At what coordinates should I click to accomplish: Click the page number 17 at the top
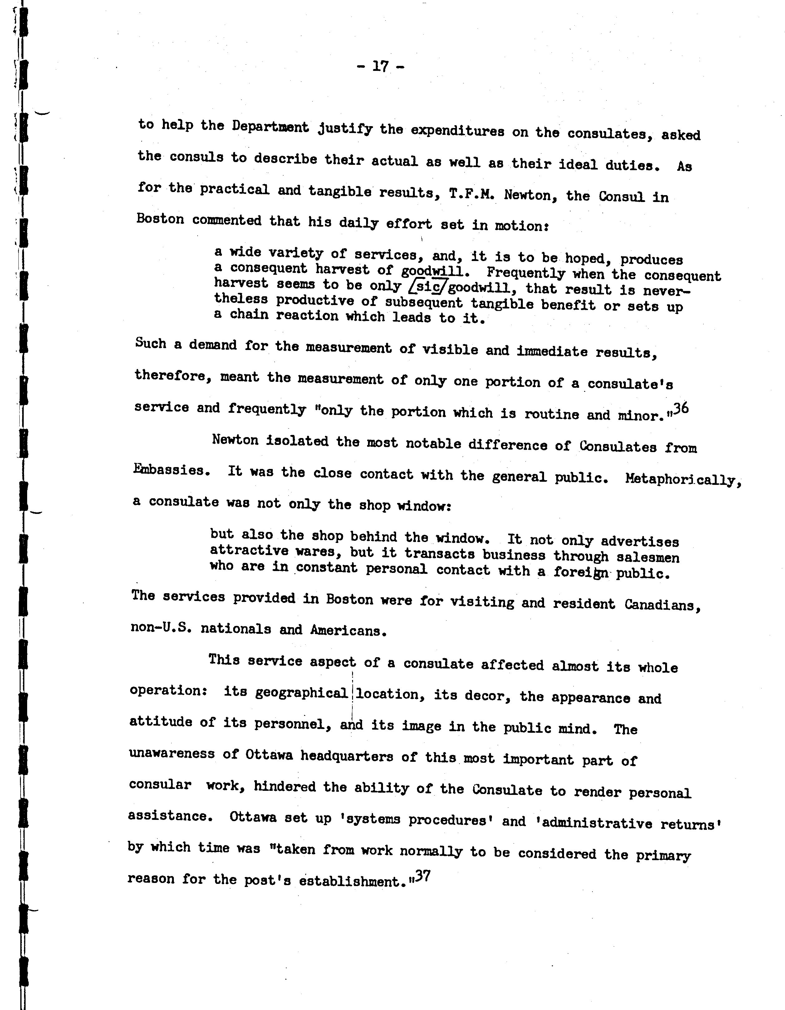pos(380,67)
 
